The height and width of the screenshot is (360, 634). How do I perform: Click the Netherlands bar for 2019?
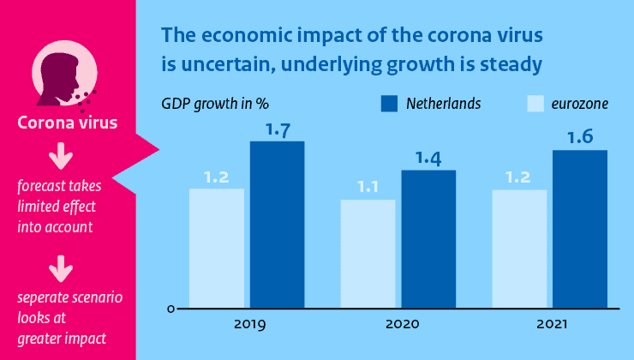point(277,224)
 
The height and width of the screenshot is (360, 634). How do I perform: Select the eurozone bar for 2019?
point(217,248)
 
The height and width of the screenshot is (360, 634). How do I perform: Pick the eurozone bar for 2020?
point(368,254)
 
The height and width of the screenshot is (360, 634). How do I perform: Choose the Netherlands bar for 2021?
point(580,229)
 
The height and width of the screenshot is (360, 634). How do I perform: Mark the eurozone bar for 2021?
point(520,248)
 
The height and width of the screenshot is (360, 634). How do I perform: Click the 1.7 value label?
point(278,130)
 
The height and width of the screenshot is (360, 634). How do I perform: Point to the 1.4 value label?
point(428,159)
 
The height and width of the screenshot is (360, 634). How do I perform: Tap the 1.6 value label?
point(580,138)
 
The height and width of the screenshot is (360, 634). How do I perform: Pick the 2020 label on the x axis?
point(400,326)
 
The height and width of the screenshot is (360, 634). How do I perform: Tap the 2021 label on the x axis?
point(552,326)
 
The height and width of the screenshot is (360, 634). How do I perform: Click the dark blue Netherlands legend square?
point(390,105)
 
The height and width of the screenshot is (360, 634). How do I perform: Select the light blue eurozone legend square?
point(533,105)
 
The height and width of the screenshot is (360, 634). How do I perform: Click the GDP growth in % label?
point(215,105)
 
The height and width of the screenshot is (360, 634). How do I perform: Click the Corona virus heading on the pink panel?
point(68,125)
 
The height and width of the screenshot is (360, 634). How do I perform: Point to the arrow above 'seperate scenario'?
point(59,270)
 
